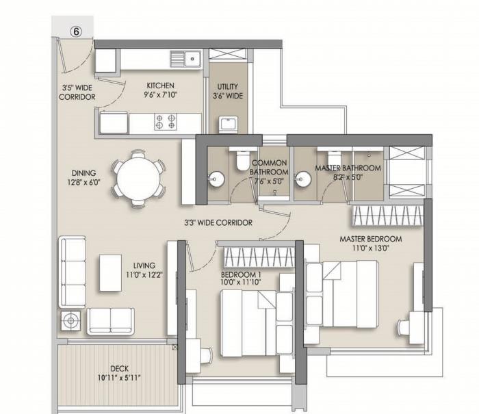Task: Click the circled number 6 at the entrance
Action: (77, 30)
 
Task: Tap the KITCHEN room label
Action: (160, 90)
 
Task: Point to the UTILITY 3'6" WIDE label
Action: (227, 92)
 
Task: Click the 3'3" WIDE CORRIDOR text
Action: (218, 222)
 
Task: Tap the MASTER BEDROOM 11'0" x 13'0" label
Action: (370, 244)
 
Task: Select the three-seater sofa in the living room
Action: (71, 271)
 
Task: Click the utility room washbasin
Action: (227, 125)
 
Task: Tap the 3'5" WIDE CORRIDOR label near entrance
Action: (77, 92)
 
